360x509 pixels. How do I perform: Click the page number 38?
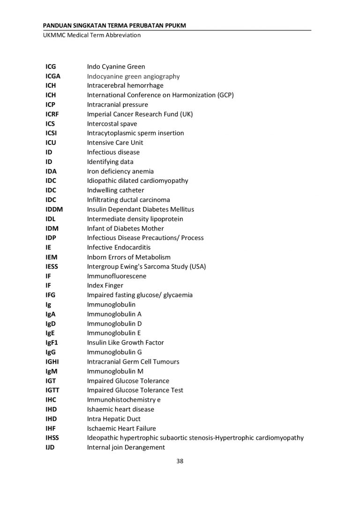tap(180, 461)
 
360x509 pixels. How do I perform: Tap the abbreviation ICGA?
tap(53, 76)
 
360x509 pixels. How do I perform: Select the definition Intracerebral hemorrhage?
tap(125, 86)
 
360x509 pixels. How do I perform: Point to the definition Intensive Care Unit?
tap(115, 143)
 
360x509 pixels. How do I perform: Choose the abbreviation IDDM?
tap(54, 210)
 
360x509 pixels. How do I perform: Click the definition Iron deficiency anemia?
tap(120, 172)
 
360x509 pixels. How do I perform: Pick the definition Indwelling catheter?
tap(115, 190)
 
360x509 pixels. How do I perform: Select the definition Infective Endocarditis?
tap(119, 247)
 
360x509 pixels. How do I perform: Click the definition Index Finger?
tap(105, 285)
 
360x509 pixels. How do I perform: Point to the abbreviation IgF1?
tap(52, 343)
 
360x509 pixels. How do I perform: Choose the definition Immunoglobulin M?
tap(115, 371)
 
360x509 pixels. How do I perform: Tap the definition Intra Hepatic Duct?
tap(113, 419)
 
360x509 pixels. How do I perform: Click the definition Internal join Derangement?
tap(126, 448)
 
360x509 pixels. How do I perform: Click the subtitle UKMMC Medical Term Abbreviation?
tap(91, 35)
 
